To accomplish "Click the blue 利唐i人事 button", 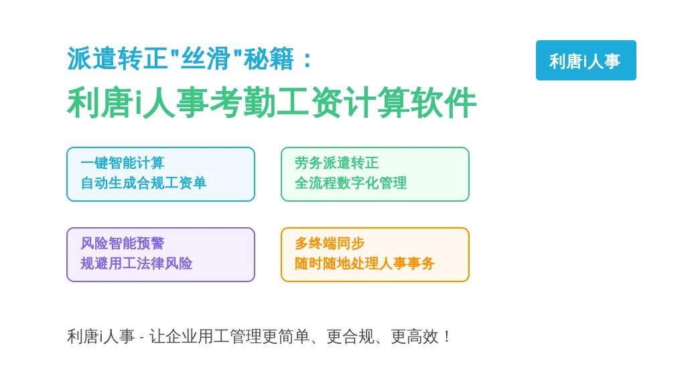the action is point(586,60).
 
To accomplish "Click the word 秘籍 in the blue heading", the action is point(269,59).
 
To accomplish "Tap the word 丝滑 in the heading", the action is point(206,59).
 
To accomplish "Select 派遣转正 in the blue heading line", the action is point(117,59).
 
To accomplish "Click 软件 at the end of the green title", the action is point(443,103).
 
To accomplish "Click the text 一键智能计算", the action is point(123,163).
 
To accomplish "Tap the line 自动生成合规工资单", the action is point(143,183).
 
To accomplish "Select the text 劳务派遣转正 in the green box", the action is point(337,163).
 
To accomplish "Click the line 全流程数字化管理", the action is point(351,183).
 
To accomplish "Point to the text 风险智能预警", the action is point(123,243).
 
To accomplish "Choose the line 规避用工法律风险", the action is point(137,263).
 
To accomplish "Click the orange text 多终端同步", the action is point(330,243).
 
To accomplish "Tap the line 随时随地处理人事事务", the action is point(365,263).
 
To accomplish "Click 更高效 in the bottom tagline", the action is point(415,336).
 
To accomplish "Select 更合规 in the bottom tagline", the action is point(350,336).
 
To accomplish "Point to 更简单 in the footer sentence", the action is point(286,336).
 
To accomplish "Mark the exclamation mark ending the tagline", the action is point(447,336).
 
